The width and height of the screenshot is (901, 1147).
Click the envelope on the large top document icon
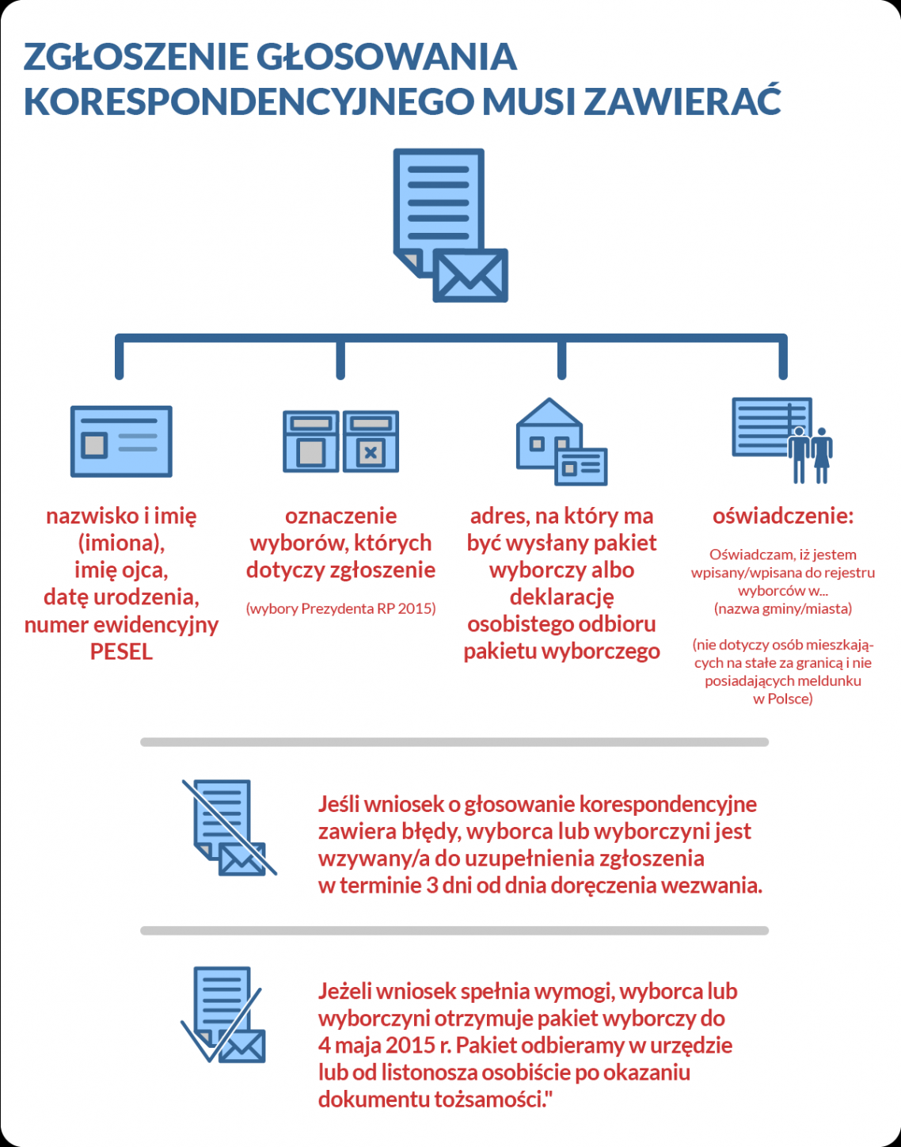[x=470, y=276]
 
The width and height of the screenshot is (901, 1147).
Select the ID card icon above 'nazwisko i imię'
[x=121, y=441]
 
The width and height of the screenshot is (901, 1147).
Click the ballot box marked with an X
[x=371, y=442]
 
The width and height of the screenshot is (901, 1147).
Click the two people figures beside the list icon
[x=811, y=455]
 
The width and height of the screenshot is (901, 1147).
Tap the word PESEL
[x=121, y=652]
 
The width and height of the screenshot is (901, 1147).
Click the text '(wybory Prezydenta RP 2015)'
[x=340, y=608]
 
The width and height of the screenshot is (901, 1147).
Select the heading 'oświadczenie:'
[x=783, y=516]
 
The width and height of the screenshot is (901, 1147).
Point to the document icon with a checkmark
[x=224, y=1015]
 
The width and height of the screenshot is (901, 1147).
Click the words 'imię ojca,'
[x=121, y=570]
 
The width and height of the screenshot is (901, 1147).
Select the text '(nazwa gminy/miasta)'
[x=783, y=609]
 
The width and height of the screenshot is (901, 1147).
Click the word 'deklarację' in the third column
[x=561, y=597]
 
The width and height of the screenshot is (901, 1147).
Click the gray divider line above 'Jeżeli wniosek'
[x=454, y=931]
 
